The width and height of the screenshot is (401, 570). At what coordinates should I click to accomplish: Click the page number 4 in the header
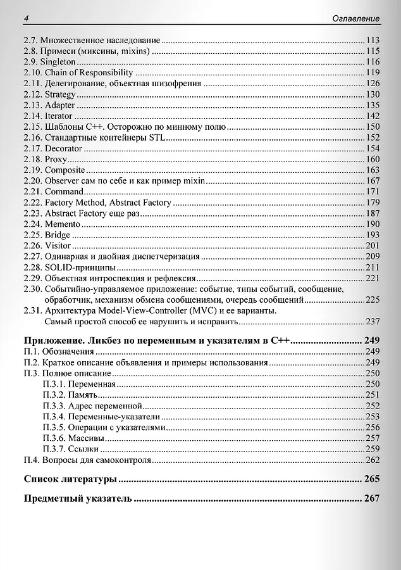click(26, 19)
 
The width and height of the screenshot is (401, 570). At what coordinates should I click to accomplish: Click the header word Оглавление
click(356, 19)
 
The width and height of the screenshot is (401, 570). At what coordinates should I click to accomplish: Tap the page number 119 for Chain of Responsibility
click(373, 73)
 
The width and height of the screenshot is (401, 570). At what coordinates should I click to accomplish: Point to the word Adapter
click(59, 105)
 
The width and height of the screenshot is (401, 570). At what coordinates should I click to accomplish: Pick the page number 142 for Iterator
click(373, 116)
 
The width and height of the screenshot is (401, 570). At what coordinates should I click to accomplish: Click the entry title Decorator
click(63, 148)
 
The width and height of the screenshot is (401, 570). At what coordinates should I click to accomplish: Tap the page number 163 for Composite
click(373, 170)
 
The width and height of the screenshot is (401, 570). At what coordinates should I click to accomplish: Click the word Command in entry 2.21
click(64, 191)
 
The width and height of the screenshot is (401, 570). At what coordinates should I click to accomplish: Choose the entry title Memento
click(63, 224)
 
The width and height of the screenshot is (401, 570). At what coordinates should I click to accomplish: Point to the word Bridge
click(58, 235)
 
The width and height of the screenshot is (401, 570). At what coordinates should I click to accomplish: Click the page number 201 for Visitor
click(373, 246)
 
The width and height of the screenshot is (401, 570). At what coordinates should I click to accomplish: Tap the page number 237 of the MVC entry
click(373, 321)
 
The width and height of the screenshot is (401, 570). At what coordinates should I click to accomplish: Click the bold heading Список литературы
click(70, 479)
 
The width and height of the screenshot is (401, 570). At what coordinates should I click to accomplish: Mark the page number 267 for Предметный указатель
click(372, 498)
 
